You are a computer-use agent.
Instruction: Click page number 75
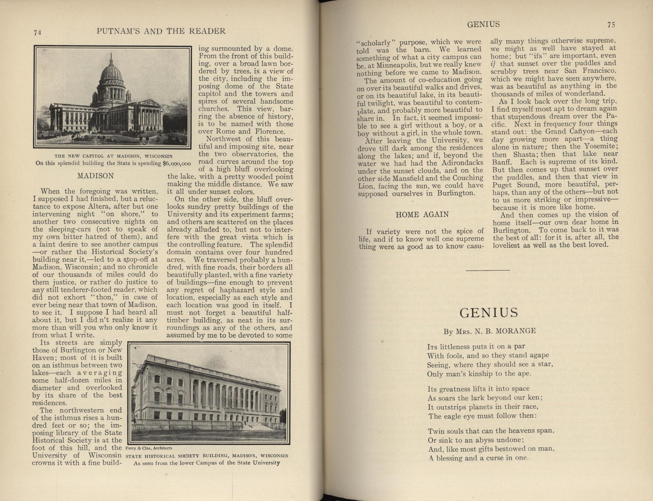611,25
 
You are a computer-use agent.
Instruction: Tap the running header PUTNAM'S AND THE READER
161,31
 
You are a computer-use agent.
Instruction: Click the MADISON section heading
95,176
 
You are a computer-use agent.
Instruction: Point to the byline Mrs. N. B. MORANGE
490,331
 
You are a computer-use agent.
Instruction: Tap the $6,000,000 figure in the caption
177,163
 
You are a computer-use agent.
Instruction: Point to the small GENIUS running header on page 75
483,24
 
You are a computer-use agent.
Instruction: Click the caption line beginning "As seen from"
206,463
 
